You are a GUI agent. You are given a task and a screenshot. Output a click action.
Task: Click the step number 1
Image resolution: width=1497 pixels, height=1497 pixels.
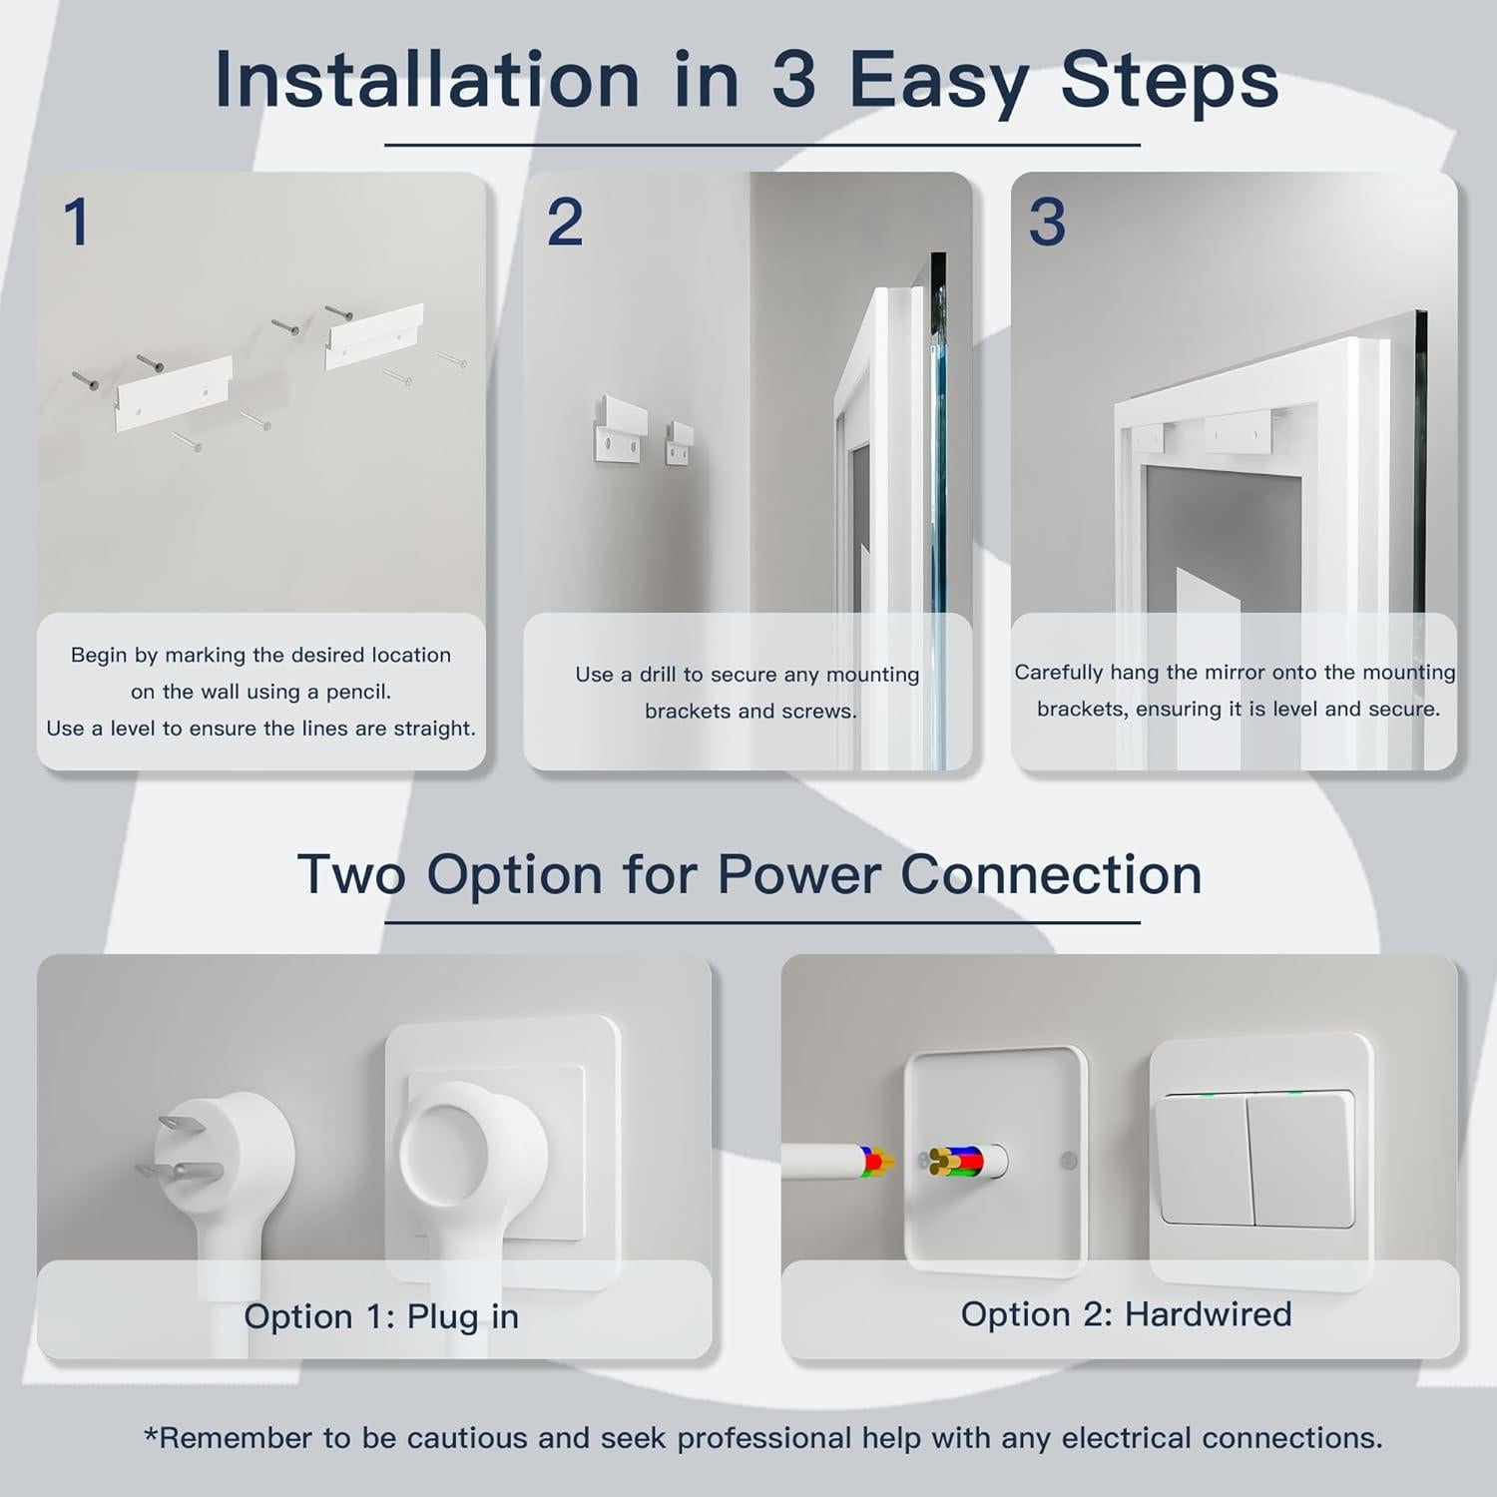tap(76, 222)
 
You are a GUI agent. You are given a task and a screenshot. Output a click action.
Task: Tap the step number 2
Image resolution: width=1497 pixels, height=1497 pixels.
tap(565, 222)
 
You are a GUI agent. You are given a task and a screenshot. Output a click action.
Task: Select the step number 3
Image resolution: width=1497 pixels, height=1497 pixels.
tap(1047, 222)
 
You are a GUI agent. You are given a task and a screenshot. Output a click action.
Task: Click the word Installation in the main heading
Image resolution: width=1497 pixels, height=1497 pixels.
tap(427, 80)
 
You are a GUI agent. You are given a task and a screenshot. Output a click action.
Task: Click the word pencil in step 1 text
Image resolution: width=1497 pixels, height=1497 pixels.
tap(358, 692)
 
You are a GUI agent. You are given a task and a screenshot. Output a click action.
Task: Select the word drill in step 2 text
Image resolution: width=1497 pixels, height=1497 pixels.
tap(657, 675)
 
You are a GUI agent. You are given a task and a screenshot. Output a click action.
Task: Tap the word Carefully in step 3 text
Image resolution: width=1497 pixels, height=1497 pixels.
tap(1057, 673)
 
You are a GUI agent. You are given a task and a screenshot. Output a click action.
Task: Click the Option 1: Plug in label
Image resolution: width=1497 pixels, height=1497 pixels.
tap(381, 1316)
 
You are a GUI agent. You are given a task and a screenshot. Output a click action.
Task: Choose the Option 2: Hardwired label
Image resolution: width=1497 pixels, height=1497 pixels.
tap(1126, 1314)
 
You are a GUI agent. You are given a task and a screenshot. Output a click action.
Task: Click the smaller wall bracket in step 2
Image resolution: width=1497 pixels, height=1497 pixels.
tap(681, 444)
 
